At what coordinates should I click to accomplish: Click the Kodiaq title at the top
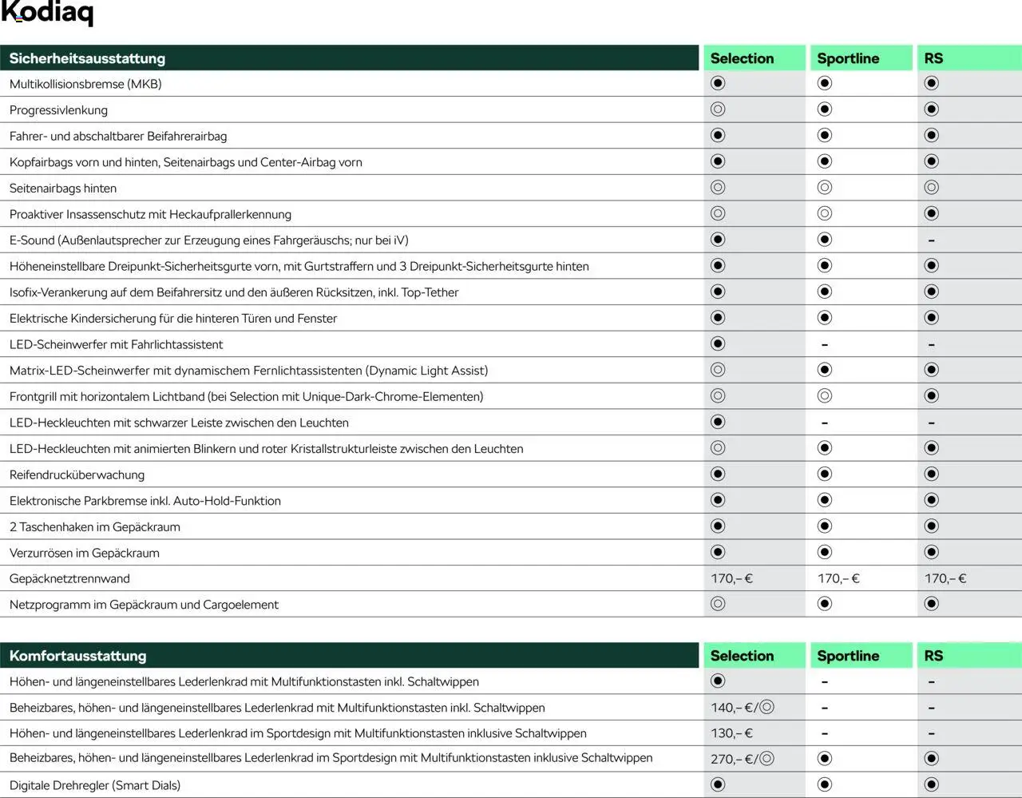[x=47, y=14]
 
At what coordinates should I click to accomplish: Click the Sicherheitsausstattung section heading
[x=87, y=58]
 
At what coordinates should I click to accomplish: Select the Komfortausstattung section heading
[x=77, y=656]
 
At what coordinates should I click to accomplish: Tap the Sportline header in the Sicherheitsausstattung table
[x=848, y=58]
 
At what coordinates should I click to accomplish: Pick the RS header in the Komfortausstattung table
[x=933, y=656]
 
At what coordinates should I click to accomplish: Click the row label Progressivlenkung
[x=58, y=110]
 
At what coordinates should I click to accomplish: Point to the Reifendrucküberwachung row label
[x=77, y=474]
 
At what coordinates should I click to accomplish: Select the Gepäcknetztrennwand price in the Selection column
[x=731, y=578]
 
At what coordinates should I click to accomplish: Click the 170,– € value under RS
[x=945, y=578]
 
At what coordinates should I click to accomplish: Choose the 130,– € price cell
[x=731, y=733]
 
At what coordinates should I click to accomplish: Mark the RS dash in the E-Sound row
[x=931, y=240]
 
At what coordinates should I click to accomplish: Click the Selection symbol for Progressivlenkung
[x=718, y=109]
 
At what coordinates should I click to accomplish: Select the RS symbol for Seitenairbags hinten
[x=931, y=188]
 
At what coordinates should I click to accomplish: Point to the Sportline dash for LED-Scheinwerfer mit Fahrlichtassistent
[x=825, y=345]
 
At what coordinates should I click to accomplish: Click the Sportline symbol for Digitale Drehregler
[x=825, y=784]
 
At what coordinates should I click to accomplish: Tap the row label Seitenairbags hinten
[x=63, y=189]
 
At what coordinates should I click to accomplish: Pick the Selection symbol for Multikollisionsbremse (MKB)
[x=718, y=83]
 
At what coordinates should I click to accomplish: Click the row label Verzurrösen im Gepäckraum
[x=85, y=553]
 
